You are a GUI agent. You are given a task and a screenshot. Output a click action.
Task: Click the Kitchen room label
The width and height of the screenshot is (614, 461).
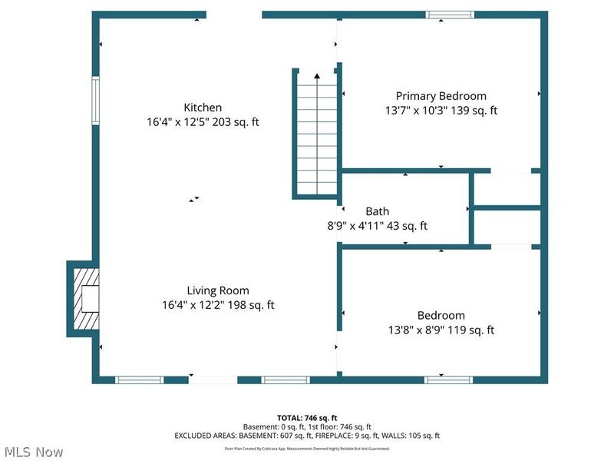point(203,108)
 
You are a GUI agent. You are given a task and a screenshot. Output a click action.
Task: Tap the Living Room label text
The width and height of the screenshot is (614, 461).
point(218,290)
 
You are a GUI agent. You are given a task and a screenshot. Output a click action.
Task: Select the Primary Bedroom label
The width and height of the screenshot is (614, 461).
point(441,96)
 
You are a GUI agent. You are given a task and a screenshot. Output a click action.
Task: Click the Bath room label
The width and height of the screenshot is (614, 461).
point(377,211)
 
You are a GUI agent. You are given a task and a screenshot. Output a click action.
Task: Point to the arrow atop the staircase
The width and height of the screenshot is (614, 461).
point(317,75)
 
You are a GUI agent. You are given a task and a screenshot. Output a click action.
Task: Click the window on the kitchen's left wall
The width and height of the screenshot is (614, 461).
point(96,100)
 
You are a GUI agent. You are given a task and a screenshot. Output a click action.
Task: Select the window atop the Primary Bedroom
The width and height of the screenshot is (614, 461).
point(451,15)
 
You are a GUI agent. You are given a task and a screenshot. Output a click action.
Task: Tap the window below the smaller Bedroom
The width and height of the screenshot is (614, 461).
point(449,379)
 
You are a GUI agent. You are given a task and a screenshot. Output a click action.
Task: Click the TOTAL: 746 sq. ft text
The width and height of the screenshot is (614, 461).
point(307,417)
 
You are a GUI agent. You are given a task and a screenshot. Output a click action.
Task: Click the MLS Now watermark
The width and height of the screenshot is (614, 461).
point(33,452)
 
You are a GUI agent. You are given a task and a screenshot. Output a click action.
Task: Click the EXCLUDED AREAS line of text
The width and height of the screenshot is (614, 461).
point(307,436)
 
